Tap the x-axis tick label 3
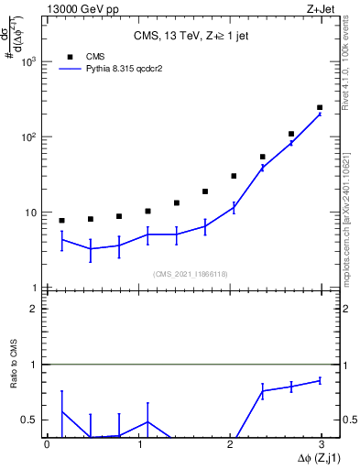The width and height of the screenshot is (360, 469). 323,443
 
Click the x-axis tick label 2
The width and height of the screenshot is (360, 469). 232,443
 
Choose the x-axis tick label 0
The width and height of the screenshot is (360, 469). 48,443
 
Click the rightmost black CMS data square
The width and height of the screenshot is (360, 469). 319,107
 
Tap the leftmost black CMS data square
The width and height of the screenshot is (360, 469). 61,221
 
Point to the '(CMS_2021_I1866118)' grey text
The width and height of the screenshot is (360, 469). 190,274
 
